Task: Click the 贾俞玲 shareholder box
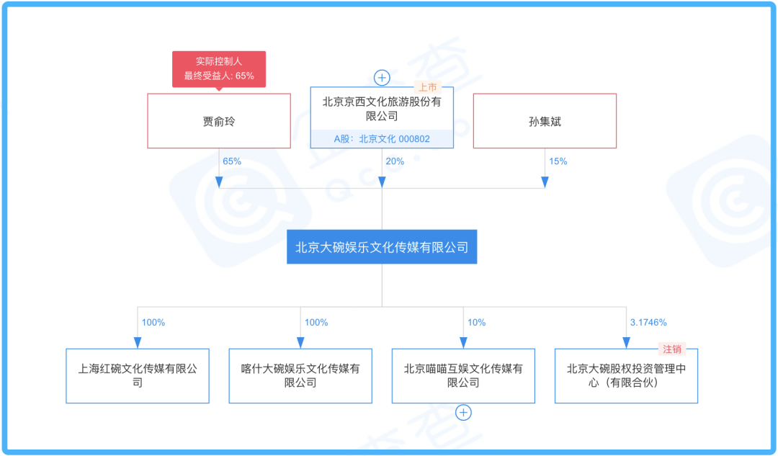coord(219,120)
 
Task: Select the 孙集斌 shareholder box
coord(545,120)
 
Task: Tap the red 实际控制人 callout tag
coord(219,69)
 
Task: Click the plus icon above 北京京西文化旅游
coord(382,78)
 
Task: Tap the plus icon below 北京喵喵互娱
coord(463,412)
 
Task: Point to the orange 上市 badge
coord(427,87)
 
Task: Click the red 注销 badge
coord(672,349)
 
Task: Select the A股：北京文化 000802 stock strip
coord(382,139)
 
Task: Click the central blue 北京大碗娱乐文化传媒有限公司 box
coord(382,246)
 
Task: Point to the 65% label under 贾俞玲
coord(232,161)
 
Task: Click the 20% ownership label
coord(395,161)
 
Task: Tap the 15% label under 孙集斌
coord(558,161)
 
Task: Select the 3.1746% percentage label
coord(648,323)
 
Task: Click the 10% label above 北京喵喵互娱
coord(476,323)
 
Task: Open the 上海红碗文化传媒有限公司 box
coord(138,375)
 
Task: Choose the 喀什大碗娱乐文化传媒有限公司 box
coord(300,375)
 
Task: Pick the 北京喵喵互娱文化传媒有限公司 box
coord(463,375)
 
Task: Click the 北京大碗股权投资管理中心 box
coord(626,375)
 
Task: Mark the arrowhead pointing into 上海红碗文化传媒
coord(138,343)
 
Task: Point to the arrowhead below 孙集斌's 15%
coord(545,182)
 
